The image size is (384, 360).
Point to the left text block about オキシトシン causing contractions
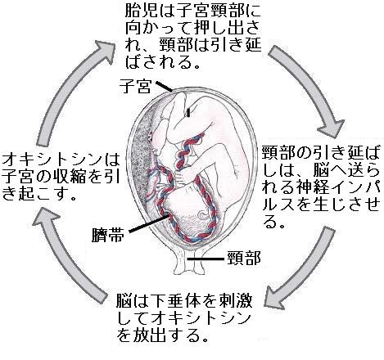click(60, 165)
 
